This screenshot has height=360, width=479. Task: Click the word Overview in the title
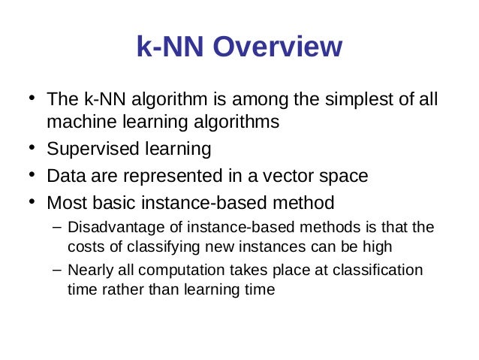(x=278, y=47)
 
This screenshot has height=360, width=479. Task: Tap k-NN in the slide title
(x=170, y=47)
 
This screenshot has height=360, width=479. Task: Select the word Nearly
(x=88, y=270)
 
